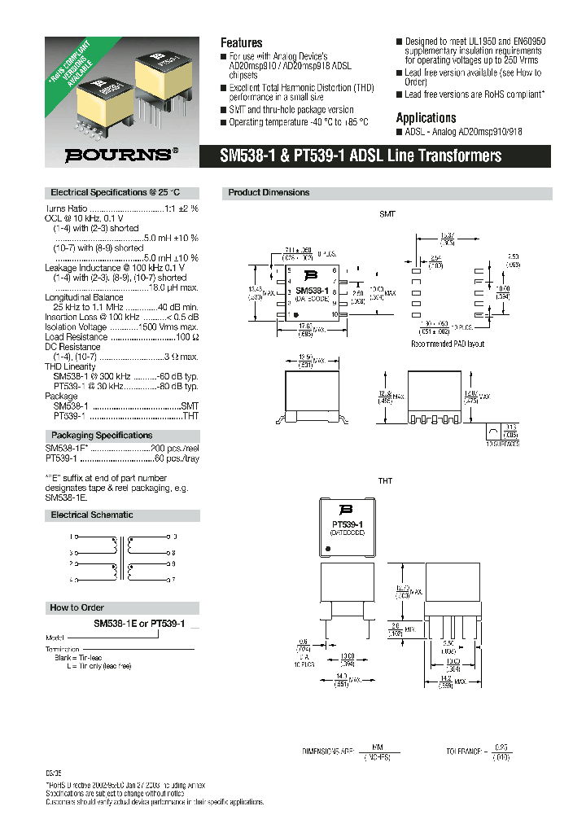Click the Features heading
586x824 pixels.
pyautogui.click(x=242, y=42)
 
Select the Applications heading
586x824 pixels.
pyautogui.click(x=426, y=117)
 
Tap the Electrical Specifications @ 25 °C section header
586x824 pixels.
pyautogui.click(x=114, y=193)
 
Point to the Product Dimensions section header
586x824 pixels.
pyautogui.click(x=269, y=193)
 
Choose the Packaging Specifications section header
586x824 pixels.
pyautogui.click(x=102, y=436)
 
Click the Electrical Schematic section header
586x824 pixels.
pyautogui.click(x=92, y=515)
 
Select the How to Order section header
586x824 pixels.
pyautogui.click(x=77, y=607)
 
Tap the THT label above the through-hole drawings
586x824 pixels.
pyautogui.click(x=385, y=481)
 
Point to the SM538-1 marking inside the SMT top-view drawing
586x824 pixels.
pyautogui.click(x=312, y=290)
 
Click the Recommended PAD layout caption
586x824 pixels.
pyautogui.click(x=448, y=344)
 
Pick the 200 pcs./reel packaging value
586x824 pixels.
pyautogui.click(x=173, y=449)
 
